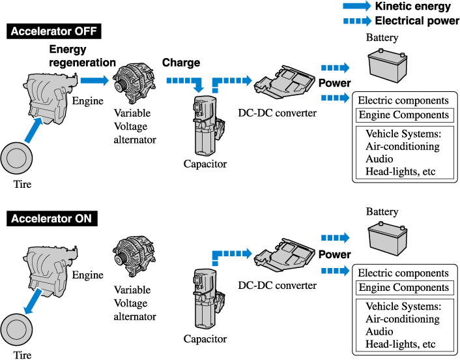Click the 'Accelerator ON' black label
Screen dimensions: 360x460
[x=52, y=218]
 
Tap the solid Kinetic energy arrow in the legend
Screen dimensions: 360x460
[x=356, y=7]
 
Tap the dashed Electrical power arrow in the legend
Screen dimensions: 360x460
[x=356, y=21]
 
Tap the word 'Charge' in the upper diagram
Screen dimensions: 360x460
[x=180, y=63]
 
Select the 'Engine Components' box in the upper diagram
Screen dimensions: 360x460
[x=403, y=115]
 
